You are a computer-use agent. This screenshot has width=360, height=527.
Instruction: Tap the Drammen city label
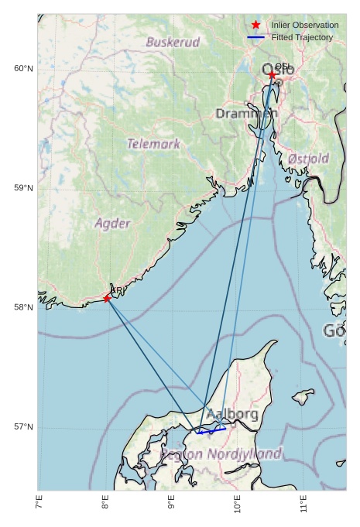pyautogui.click(x=246, y=114)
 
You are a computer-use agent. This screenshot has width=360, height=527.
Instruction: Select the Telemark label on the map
pyautogui.click(x=153, y=143)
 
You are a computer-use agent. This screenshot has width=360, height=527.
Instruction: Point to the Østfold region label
pyautogui.click(x=308, y=159)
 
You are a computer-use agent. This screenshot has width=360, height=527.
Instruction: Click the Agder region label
pyautogui.click(x=112, y=223)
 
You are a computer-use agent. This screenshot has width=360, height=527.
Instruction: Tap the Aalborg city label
pyautogui.click(x=232, y=415)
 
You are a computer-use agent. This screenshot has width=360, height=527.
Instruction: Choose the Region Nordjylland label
pyautogui.click(x=221, y=454)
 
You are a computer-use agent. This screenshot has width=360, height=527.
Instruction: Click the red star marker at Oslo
pyautogui.click(x=272, y=75)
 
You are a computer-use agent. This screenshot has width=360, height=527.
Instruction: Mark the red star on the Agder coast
pyautogui.click(x=107, y=299)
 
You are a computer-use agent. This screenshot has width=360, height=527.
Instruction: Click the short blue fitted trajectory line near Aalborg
pyautogui.click(x=211, y=430)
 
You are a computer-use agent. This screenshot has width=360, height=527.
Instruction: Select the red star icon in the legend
pyautogui.click(x=256, y=26)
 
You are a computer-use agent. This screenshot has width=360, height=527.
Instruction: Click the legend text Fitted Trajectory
pyautogui.click(x=302, y=37)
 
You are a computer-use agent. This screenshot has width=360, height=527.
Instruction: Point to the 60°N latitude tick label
pyautogui.click(x=24, y=69)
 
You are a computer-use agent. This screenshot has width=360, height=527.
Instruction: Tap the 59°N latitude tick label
pyautogui.click(x=24, y=188)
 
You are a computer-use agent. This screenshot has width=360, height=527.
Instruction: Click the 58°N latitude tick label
pyautogui.click(x=24, y=308)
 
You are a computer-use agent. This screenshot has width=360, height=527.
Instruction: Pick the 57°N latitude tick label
pyautogui.click(x=24, y=427)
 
